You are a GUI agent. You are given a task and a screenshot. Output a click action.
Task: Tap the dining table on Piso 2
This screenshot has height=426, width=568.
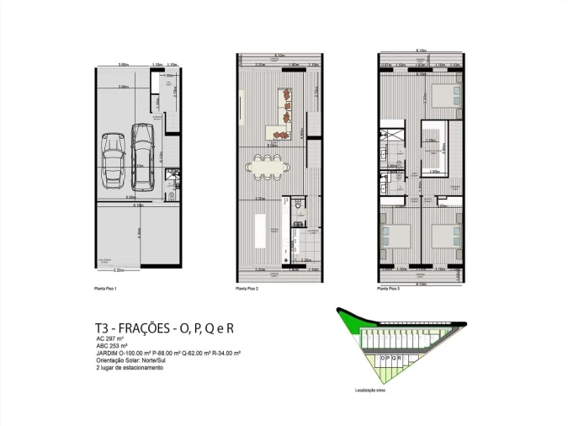[x=268, y=168]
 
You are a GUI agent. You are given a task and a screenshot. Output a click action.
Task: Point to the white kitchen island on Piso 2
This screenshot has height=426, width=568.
[x=260, y=230]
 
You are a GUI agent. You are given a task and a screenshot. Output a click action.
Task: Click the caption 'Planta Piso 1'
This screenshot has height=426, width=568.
[x=105, y=288]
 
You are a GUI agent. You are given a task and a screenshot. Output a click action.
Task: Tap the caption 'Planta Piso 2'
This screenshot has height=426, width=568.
[x=247, y=288]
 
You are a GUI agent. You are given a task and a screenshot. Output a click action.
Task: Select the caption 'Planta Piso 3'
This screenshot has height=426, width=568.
[x=388, y=288]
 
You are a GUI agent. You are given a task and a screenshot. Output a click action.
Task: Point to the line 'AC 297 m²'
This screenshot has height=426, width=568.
[x=112, y=338]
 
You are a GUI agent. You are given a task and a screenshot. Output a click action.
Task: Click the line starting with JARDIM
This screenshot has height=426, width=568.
[x=168, y=354]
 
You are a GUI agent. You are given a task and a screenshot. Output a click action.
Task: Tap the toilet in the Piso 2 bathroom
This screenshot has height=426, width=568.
[x=297, y=205]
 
